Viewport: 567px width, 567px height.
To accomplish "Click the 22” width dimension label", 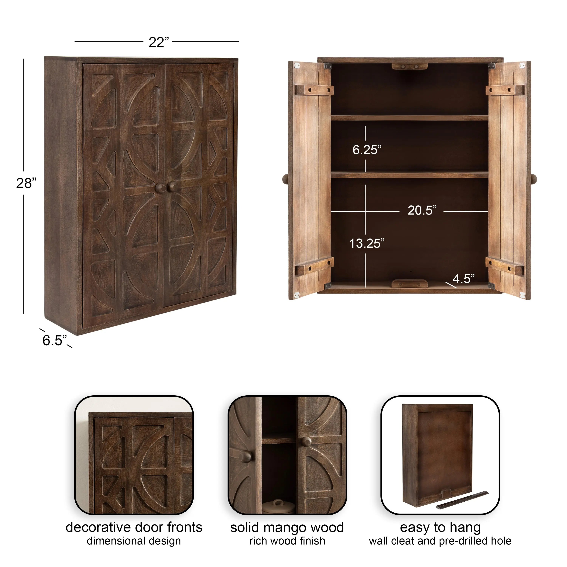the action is tap(159, 42).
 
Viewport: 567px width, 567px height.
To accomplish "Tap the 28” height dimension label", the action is tap(26, 183).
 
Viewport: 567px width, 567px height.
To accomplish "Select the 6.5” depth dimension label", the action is tap(55, 340).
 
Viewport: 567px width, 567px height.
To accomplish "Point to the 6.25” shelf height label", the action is tap(367, 150).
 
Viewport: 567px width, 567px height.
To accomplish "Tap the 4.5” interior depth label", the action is tap(464, 279).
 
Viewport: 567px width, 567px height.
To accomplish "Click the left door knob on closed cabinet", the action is tap(160, 188).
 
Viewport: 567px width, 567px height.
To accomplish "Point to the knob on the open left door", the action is tap(285, 179).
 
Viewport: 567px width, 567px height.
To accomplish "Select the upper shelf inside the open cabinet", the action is tap(409, 118).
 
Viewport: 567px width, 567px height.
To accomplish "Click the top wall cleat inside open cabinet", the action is tap(409, 67).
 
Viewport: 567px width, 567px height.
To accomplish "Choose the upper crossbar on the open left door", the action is tap(314, 90).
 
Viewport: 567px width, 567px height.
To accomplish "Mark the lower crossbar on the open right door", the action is tap(505, 266).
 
